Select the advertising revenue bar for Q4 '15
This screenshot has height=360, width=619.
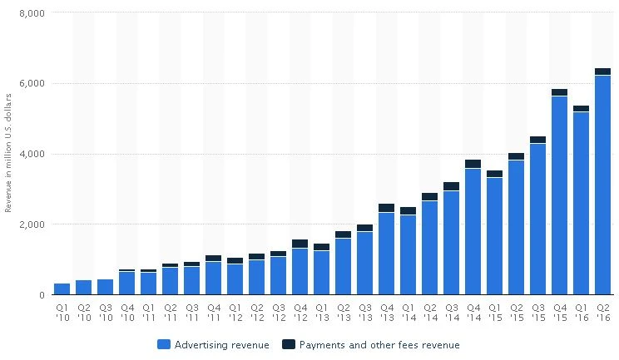click(559, 195)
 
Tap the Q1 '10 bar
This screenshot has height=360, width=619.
click(62, 288)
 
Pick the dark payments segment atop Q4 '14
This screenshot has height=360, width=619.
click(473, 164)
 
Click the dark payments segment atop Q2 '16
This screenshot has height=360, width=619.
click(602, 72)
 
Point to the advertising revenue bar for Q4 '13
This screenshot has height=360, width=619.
click(386, 254)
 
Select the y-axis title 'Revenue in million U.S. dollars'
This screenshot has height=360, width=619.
click(8, 154)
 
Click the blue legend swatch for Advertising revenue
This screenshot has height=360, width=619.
click(164, 344)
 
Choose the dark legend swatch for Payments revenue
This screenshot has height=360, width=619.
click(288, 344)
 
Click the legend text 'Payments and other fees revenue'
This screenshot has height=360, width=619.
click(379, 344)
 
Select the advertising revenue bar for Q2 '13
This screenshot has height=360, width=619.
click(343, 266)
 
